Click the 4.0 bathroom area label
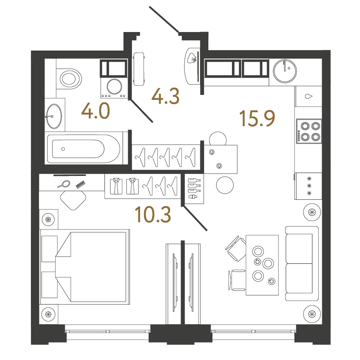96,111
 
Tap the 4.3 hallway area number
165,96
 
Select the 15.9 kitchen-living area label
257,118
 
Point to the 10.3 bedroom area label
153,215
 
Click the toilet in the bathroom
69,79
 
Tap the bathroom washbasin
54,116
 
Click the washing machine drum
114,86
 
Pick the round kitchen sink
285,71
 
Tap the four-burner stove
309,131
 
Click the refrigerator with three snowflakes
309,186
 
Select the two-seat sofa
302,263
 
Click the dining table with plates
262,265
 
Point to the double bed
85,267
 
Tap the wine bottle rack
194,189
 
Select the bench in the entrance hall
139,69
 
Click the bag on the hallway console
192,58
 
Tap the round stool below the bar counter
225,185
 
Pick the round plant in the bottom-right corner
312,314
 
